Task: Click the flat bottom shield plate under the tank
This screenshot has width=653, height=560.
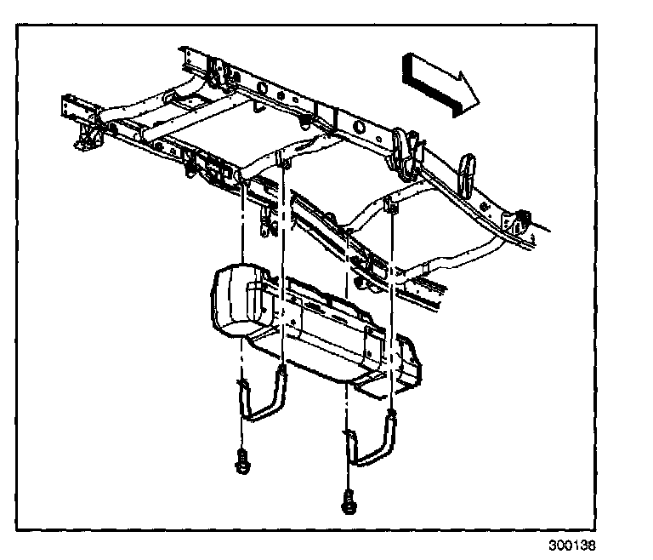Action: tap(315, 353)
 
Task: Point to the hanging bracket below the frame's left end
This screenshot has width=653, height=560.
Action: tap(86, 136)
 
